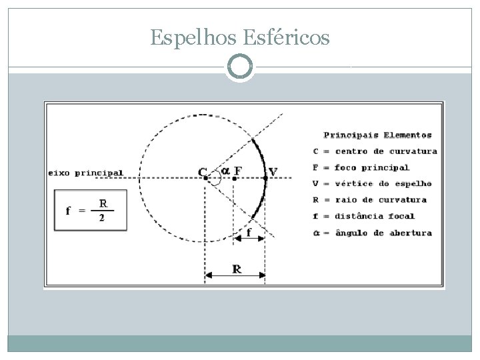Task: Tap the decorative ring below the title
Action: [240, 67]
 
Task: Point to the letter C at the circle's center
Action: [202, 171]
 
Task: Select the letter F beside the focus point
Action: [238, 170]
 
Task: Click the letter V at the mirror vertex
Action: [273, 173]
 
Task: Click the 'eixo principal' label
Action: [86, 173]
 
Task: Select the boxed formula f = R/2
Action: [91, 211]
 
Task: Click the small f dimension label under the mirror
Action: [249, 233]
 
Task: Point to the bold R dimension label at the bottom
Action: [237, 269]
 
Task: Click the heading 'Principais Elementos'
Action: [377, 135]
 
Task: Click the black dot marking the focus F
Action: [235, 178]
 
